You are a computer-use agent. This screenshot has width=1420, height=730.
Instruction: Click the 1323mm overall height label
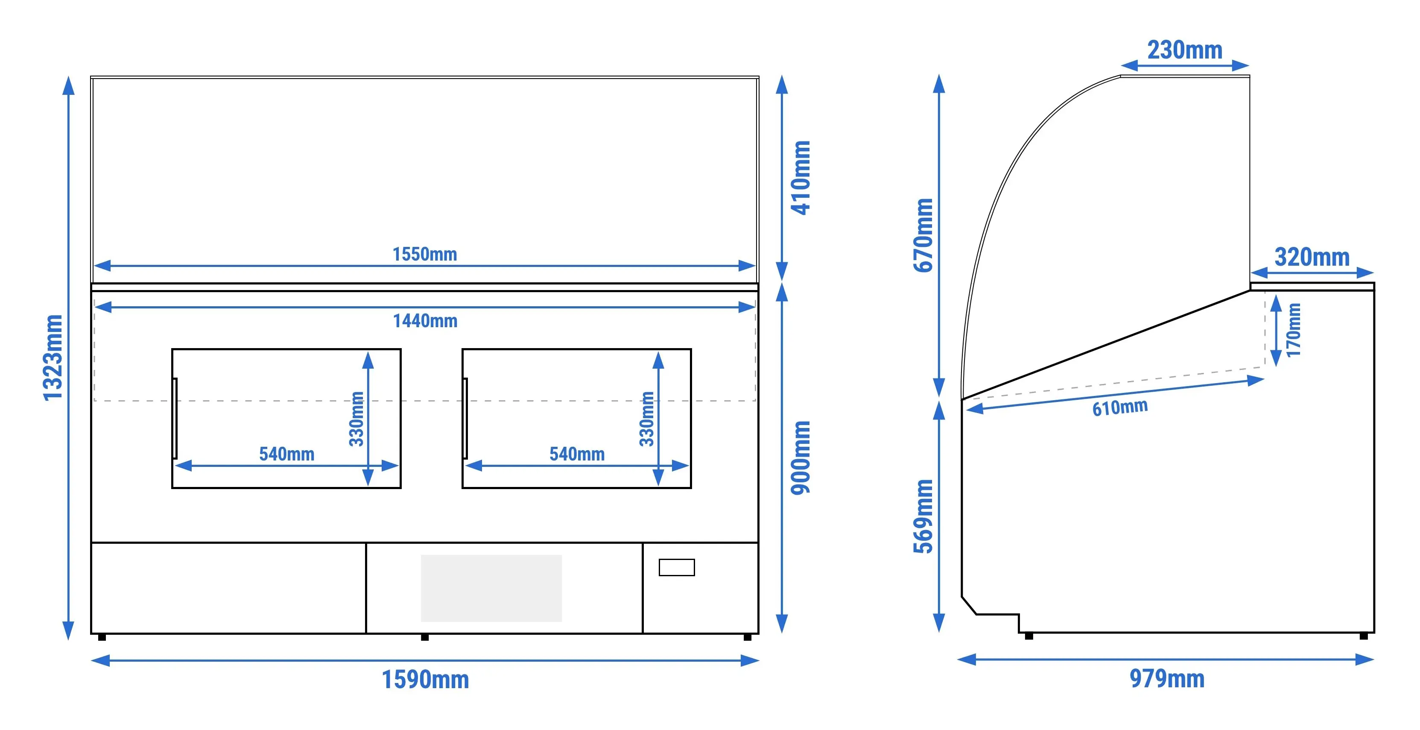(x=53, y=358)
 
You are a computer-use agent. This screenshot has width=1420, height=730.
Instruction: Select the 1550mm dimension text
(x=424, y=254)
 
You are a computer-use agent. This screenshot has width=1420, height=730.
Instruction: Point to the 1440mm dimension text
(x=425, y=320)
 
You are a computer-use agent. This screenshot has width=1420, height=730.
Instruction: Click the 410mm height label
(x=801, y=178)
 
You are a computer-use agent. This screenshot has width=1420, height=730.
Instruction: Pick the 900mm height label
(x=801, y=457)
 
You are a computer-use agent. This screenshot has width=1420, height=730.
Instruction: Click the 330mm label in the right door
(x=647, y=419)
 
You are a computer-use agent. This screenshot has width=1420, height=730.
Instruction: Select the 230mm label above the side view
(x=1185, y=50)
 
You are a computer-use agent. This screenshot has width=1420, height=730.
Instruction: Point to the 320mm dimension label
(x=1312, y=257)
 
